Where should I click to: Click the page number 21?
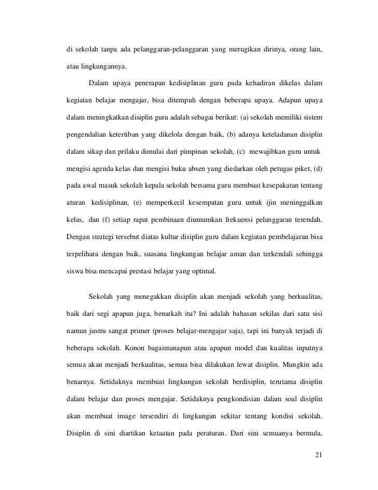[319, 456]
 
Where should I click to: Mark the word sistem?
[313, 117]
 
